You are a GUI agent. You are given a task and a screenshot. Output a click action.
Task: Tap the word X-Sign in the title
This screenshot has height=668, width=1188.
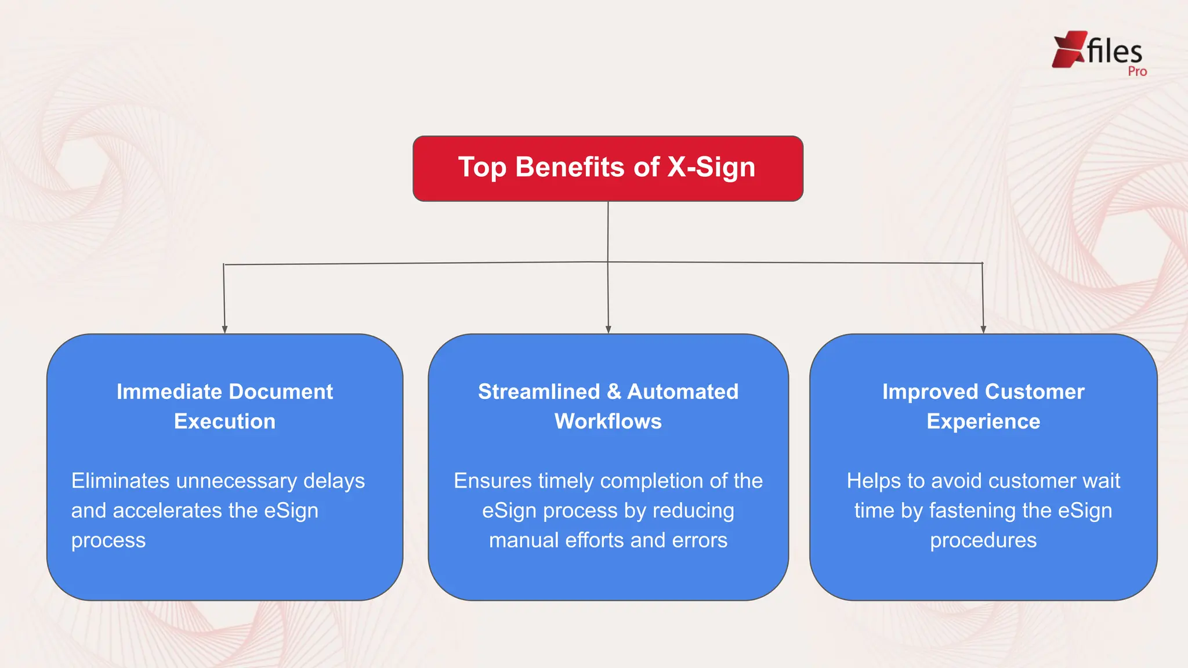point(711,168)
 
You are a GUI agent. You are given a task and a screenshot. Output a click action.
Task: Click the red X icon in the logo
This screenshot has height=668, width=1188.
point(1069,49)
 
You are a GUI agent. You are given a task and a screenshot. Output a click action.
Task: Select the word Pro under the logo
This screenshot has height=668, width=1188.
point(1137,72)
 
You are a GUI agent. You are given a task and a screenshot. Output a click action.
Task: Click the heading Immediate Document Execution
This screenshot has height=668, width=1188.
point(225,406)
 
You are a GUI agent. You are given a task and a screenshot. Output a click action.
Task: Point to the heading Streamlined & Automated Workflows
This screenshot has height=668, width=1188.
point(608,406)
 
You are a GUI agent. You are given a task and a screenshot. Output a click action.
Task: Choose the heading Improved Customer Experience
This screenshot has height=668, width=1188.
point(983,406)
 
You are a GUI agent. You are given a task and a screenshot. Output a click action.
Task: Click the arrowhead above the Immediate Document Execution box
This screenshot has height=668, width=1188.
point(224,329)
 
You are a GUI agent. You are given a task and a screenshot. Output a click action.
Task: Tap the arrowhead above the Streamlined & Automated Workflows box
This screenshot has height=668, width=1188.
point(608,329)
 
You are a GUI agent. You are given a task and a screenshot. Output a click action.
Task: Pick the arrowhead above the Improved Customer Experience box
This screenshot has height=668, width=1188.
point(983,329)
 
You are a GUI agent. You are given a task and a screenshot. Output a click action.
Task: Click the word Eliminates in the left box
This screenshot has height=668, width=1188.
point(120,481)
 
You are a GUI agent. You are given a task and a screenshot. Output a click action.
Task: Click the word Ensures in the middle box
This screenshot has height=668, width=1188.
point(492,481)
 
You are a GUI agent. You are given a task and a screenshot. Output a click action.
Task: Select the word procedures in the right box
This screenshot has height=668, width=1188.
point(983,540)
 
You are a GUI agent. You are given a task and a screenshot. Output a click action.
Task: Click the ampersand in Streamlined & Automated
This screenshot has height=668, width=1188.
point(614,392)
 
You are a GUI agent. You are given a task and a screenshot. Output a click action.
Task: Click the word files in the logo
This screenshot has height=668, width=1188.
point(1114,51)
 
